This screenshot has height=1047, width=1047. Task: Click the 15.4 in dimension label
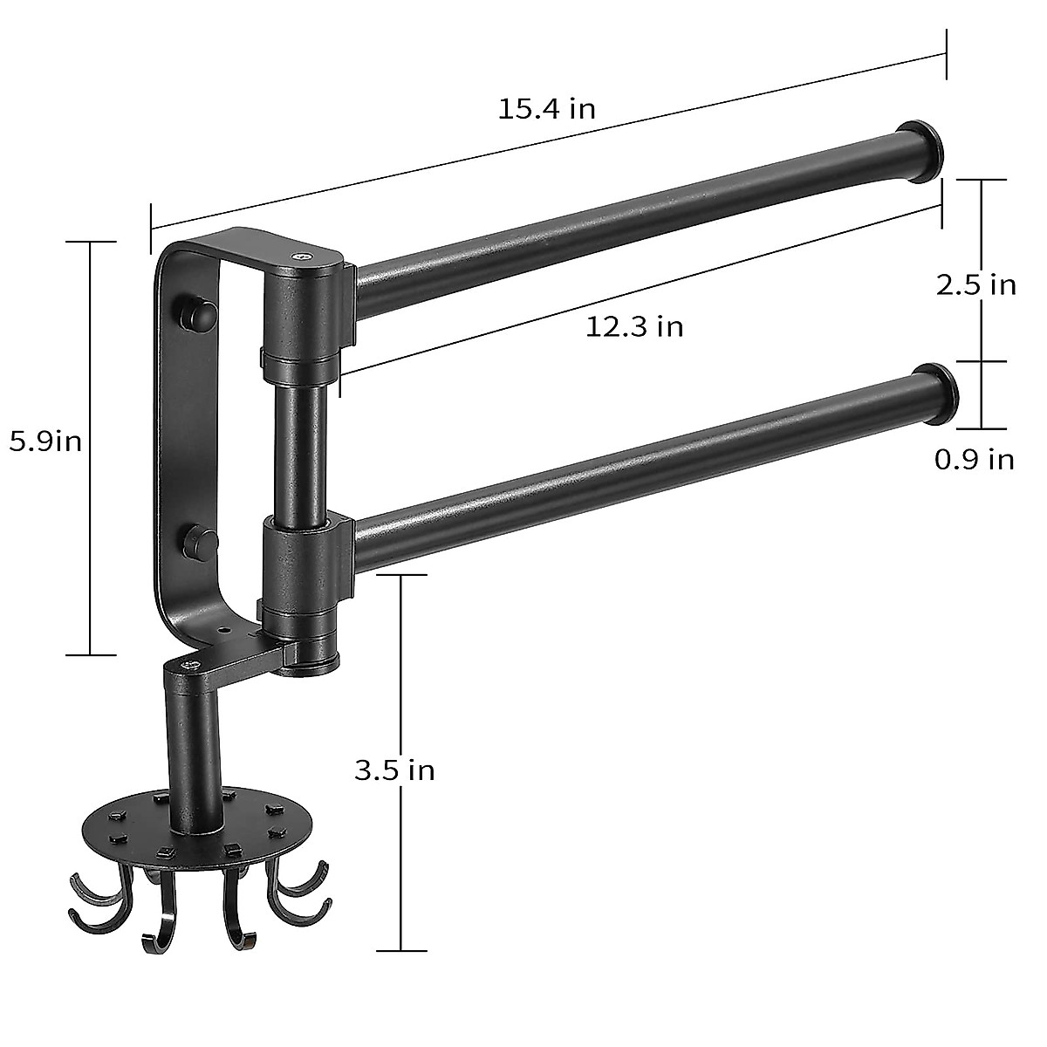click(x=547, y=109)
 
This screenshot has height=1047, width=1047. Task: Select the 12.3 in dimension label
click(x=634, y=326)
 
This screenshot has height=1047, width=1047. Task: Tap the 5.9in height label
click(x=45, y=441)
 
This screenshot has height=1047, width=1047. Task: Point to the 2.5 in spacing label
click(x=975, y=284)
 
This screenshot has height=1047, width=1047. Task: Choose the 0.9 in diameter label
click(x=975, y=459)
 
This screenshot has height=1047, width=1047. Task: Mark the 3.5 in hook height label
click(x=394, y=770)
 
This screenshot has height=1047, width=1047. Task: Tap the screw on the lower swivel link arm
click(x=189, y=667)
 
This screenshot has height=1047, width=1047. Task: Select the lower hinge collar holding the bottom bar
click(x=301, y=567)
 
